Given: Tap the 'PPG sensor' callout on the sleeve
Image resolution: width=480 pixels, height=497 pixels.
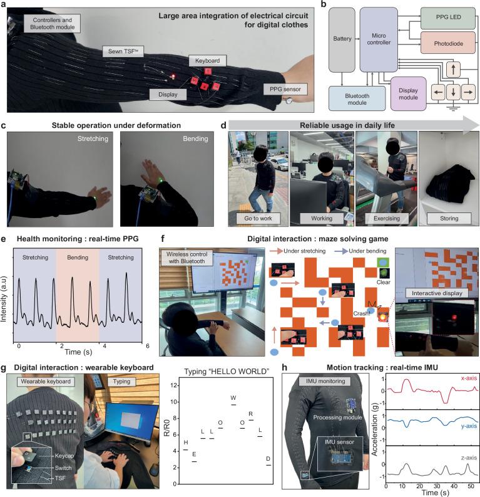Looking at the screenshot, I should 282,89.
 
